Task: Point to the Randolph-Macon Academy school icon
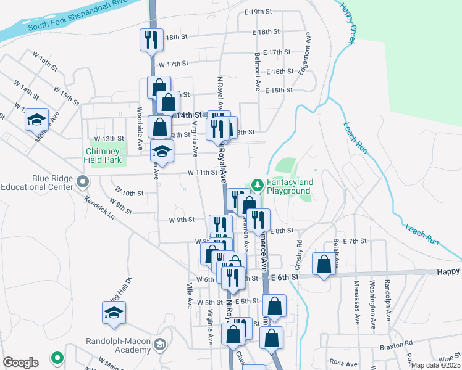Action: pos(161,343)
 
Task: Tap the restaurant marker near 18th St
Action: pos(151,39)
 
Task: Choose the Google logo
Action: pos(20,363)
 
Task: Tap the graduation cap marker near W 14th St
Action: pos(36,119)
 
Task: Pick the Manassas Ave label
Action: pos(356,302)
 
